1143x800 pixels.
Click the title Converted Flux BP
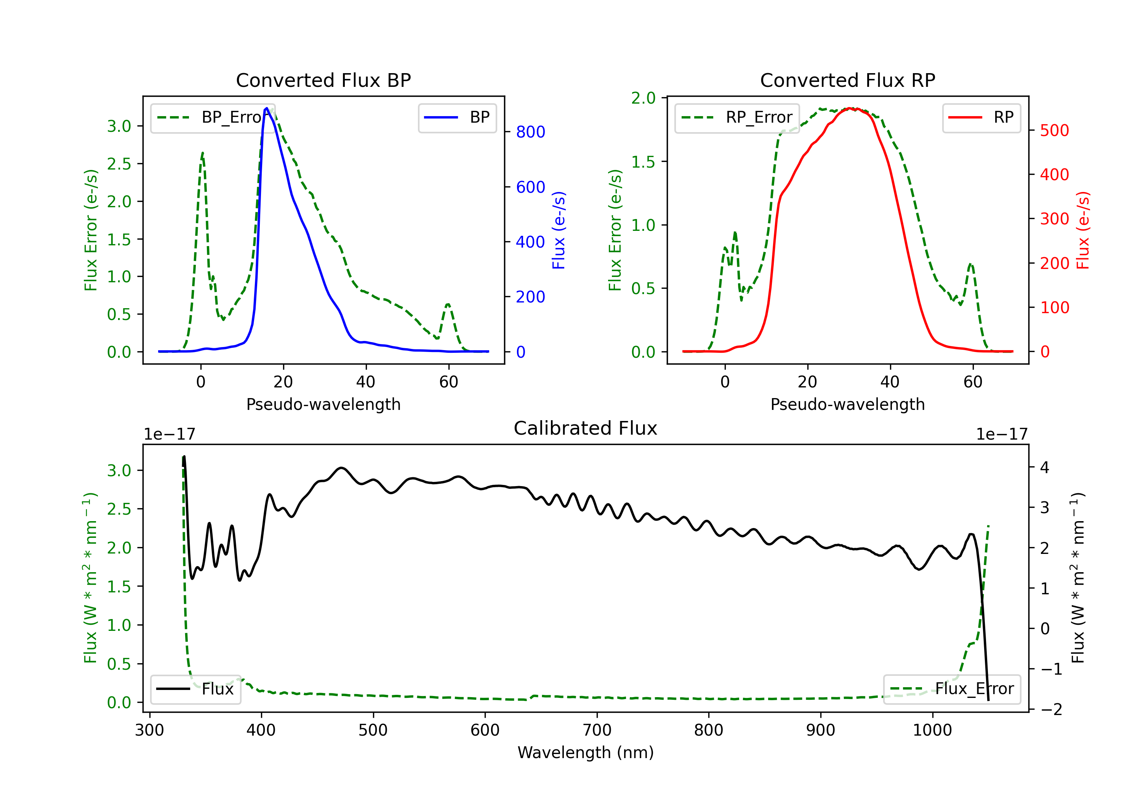[x=323, y=80]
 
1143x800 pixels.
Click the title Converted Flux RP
[x=848, y=80]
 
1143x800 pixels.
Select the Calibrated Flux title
[x=586, y=428]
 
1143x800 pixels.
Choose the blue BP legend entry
[x=457, y=117]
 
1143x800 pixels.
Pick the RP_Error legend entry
[x=737, y=117]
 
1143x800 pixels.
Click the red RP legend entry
[x=981, y=117]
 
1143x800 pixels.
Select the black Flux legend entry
[x=195, y=689]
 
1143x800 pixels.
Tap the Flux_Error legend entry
[x=952, y=689]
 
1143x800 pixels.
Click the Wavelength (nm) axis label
[x=586, y=753]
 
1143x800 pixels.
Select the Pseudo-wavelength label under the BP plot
[x=323, y=404]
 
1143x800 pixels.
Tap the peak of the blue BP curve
[x=267, y=108]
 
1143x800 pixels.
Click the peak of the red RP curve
[x=851, y=108]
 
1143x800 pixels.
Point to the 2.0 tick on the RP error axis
[x=644, y=98]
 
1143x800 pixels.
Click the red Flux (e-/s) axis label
[x=1083, y=230]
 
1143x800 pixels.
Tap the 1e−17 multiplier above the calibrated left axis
[x=169, y=434]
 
